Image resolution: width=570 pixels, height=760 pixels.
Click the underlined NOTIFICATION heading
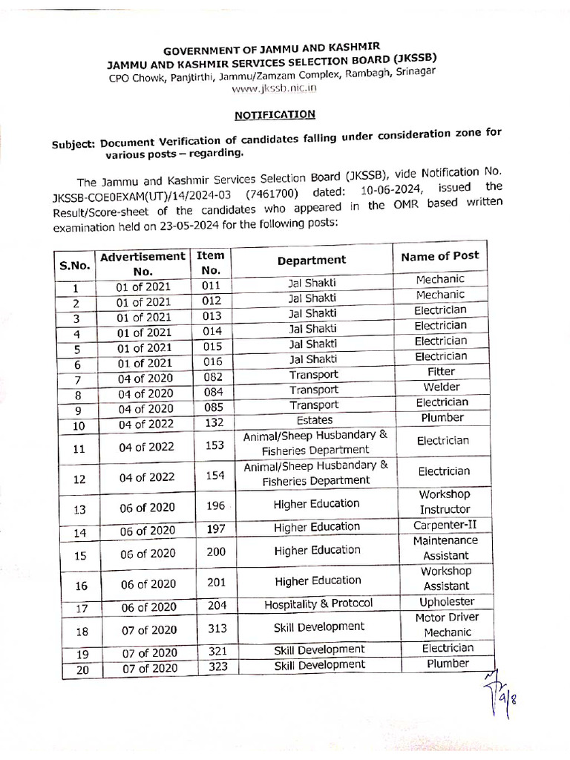275,115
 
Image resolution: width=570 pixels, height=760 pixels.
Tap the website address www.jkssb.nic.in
274,88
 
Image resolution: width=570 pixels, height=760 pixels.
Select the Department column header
312,260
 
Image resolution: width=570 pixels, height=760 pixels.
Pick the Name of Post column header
439,256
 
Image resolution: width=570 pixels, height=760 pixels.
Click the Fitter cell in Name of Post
441,372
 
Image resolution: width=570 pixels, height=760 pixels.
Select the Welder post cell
441,387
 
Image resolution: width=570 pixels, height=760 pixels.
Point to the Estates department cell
314,420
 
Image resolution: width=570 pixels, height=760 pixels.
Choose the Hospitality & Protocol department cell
318,603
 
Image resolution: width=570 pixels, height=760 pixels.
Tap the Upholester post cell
445,601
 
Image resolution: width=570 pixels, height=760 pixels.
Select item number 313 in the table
216,629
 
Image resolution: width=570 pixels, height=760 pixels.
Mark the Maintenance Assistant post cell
445,548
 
